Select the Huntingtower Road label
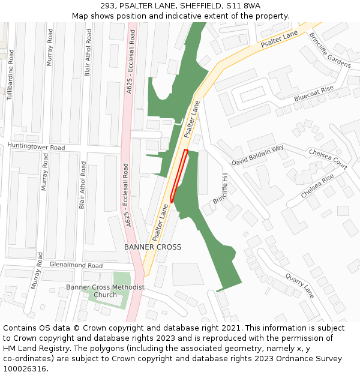tap(36, 147)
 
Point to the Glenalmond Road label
tap(76, 265)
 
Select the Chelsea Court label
tap(328, 159)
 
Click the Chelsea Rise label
tap(317, 187)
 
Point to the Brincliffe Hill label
tap(221, 190)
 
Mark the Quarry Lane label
tap(299, 286)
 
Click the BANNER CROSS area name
tap(152, 247)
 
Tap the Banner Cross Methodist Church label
tap(106, 291)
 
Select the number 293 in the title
tap(116, 5)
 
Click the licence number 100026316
tap(24, 368)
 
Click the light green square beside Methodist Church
tap(122, 279)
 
